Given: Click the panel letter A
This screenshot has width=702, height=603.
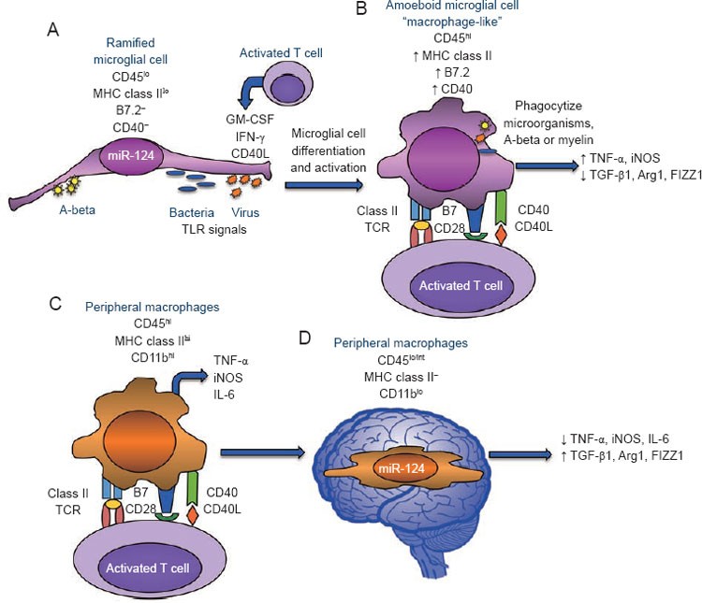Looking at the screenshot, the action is pos(52,30).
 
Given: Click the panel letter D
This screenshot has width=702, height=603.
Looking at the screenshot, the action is pos(304,338).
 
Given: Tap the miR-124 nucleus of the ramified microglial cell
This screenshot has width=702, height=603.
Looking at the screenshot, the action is pos(131,155).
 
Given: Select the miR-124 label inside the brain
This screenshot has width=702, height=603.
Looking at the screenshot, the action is pos(402,468).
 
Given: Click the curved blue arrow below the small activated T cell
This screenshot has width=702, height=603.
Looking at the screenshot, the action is pos(248,93).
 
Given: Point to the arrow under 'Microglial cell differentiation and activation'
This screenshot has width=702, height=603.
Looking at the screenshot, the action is pos(323,185).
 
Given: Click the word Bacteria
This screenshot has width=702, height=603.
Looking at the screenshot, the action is pos(192,212).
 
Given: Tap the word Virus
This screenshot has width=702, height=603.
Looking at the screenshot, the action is pos(245,212).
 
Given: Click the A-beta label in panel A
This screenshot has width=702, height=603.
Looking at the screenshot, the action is pos(78,209).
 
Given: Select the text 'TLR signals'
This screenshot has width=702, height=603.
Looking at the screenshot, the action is pos(214,229).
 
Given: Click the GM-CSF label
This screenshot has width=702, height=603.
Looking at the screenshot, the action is pos(250,119).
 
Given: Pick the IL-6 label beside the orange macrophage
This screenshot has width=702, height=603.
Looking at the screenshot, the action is pos(224,395).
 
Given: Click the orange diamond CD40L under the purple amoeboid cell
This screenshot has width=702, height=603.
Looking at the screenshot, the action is pos(502,234).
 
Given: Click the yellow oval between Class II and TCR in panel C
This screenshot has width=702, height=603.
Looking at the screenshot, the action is pos(113,505).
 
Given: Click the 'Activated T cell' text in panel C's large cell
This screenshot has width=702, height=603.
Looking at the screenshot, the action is pos(148,568).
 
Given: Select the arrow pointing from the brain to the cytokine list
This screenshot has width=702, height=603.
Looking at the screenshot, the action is pos(520,454).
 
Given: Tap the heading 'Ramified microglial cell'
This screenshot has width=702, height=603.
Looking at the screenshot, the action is pos(130,51).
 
